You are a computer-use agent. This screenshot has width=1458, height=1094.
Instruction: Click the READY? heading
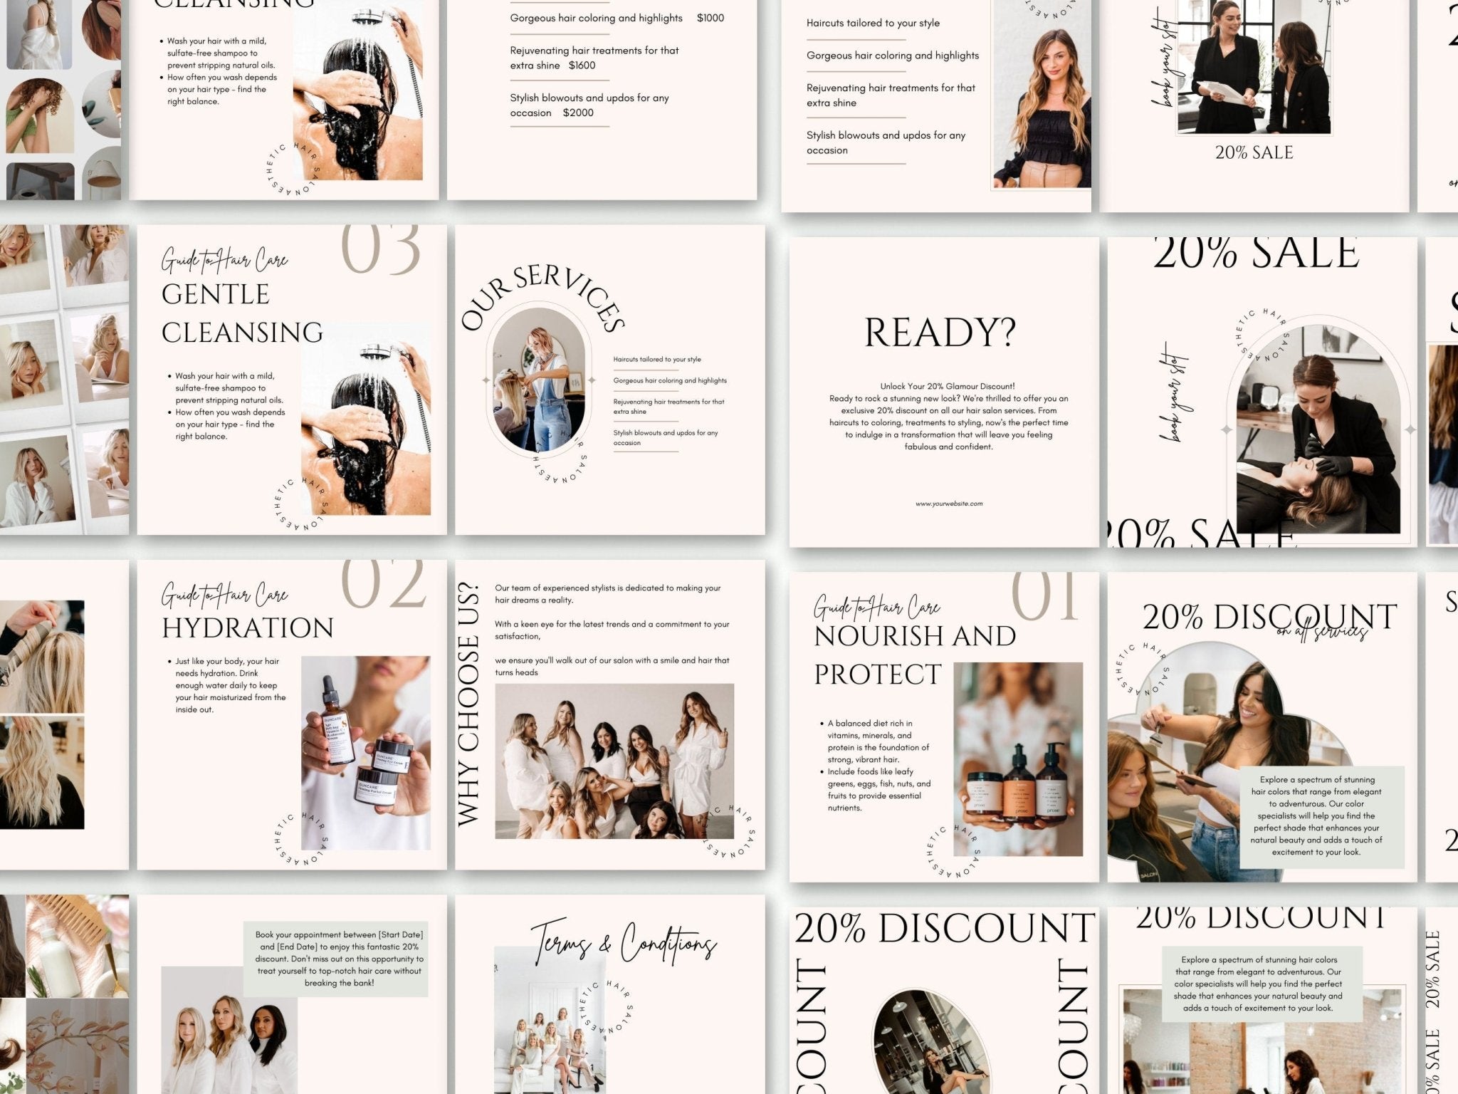coord(940,332)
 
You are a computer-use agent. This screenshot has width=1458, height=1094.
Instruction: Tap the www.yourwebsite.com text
coord(949,504)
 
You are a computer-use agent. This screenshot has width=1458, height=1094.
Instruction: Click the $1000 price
coord(710,18)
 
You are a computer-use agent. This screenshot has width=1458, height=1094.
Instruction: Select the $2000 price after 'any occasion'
coord(577,113)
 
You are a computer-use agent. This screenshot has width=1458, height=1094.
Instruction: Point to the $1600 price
coord(582,66)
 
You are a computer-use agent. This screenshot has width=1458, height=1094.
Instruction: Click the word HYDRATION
coord(248,628)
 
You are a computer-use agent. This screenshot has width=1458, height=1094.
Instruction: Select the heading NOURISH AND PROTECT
coord(914,655)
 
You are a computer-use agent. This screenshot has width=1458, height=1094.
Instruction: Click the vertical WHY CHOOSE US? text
coord(468,705)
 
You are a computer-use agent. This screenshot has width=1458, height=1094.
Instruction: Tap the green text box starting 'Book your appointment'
coord(335,959)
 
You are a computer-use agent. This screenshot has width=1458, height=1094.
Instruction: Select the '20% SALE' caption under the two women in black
coord(1254,152)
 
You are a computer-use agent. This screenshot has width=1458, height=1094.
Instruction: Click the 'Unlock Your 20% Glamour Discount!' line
coord(948,386)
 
